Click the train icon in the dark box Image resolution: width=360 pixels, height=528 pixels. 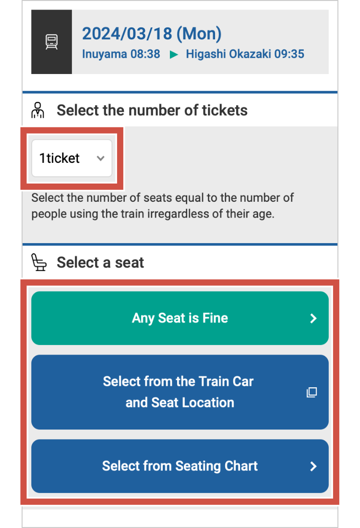click(x=51, y=42)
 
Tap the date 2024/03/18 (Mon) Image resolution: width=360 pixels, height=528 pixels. click(x=152, y=34)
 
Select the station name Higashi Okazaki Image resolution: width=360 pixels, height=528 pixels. click(x=228, y=54)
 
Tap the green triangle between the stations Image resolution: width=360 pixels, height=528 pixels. click(x=174, y=54)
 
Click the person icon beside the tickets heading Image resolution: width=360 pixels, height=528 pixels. click(x=38, y=110)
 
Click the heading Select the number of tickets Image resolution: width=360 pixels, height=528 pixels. click(x=152, y=110)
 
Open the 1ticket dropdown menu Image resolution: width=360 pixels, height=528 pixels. click(x=72, y=158)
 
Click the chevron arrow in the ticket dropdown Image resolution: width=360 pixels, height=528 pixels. click(x=100, y=158)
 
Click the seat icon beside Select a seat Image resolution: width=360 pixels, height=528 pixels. click(x=39, y=262)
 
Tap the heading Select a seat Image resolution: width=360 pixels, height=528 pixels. click(x=100, y=262)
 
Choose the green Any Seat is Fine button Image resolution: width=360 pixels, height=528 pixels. click(x=180, y=318)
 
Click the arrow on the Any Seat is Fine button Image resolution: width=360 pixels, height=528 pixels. click(x=313, y=318)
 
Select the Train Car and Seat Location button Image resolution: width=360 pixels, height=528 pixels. click(x=180, y=392)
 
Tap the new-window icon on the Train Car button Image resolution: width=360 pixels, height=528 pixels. click(x=312, y=393)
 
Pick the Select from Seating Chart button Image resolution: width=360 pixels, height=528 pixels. click(x=180, y=466)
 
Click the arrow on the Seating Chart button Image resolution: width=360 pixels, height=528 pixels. click(x=313, y=466)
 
